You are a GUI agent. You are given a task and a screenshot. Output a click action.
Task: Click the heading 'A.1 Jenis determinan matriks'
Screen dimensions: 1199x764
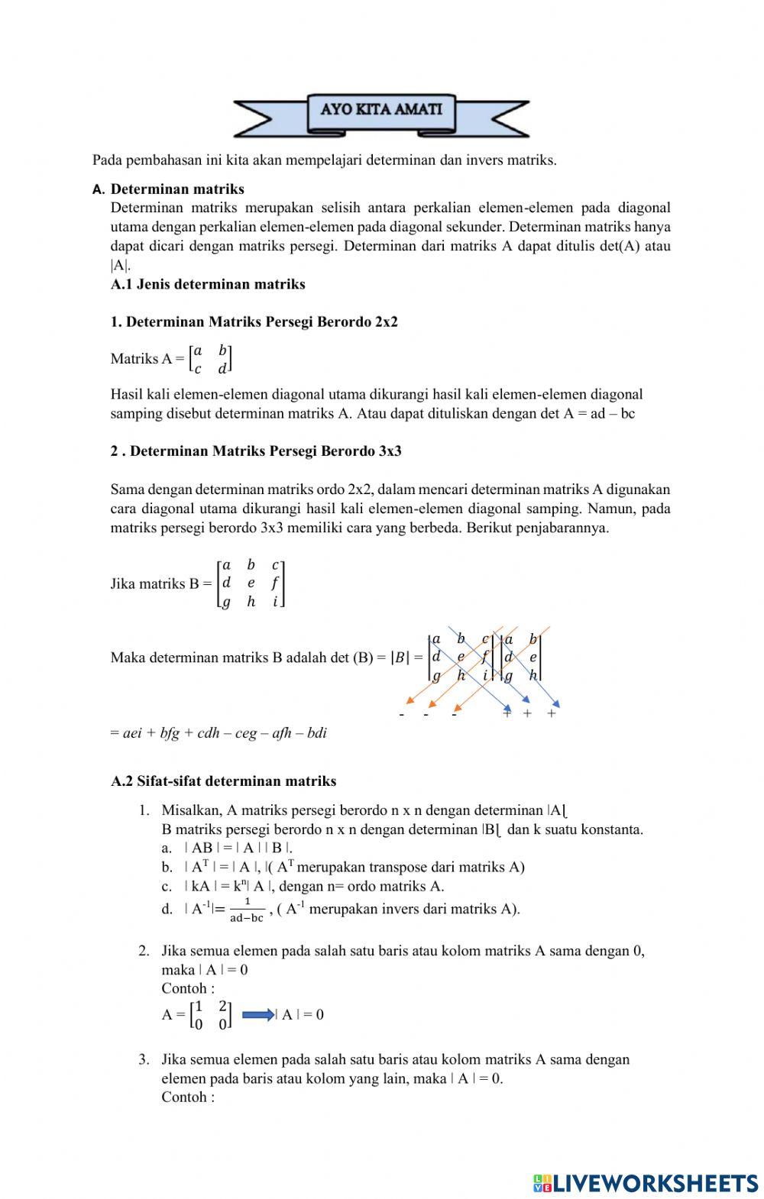tap(208, 284)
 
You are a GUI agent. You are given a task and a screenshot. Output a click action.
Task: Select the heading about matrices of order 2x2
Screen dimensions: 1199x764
tap(254, 322)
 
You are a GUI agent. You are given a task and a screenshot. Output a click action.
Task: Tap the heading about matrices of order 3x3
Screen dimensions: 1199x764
tap(256, 451)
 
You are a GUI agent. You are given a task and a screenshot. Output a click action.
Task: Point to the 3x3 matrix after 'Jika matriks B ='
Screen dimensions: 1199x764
tap(251, 583)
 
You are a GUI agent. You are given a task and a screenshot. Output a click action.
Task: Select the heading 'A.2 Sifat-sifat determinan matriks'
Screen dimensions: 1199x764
tap(223, 780)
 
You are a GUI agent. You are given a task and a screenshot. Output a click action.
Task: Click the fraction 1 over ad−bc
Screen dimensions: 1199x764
tap(247, 910)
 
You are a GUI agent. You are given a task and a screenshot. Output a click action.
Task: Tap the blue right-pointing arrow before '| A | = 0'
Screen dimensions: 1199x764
tap(257, 1015)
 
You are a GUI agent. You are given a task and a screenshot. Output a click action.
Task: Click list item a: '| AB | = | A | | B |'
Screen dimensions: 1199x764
tap(238, 848)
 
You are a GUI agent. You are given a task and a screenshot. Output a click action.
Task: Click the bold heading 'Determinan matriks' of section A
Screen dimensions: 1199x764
tap(177, 189)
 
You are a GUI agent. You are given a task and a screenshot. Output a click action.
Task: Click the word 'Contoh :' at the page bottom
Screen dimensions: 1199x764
tap(187, 1097)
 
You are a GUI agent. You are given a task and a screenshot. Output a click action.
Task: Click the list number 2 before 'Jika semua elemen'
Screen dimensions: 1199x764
tap(143, 951)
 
